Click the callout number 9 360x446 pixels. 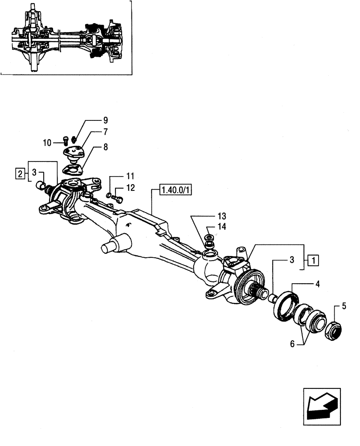tap(105, 120)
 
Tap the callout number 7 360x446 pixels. tap(105, 132)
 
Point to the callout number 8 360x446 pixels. tap(105, 146)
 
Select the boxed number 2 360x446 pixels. tap(20, 173)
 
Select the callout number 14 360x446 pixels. tap(221, 227)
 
